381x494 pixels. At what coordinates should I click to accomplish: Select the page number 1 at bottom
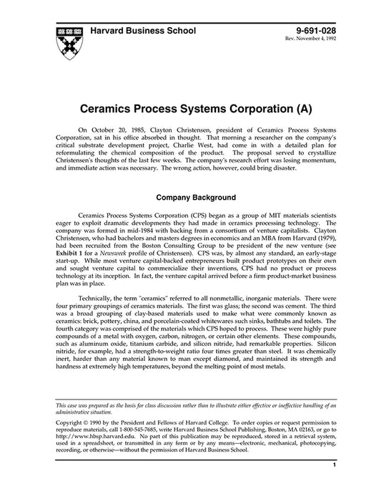click(x=334, y=485)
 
